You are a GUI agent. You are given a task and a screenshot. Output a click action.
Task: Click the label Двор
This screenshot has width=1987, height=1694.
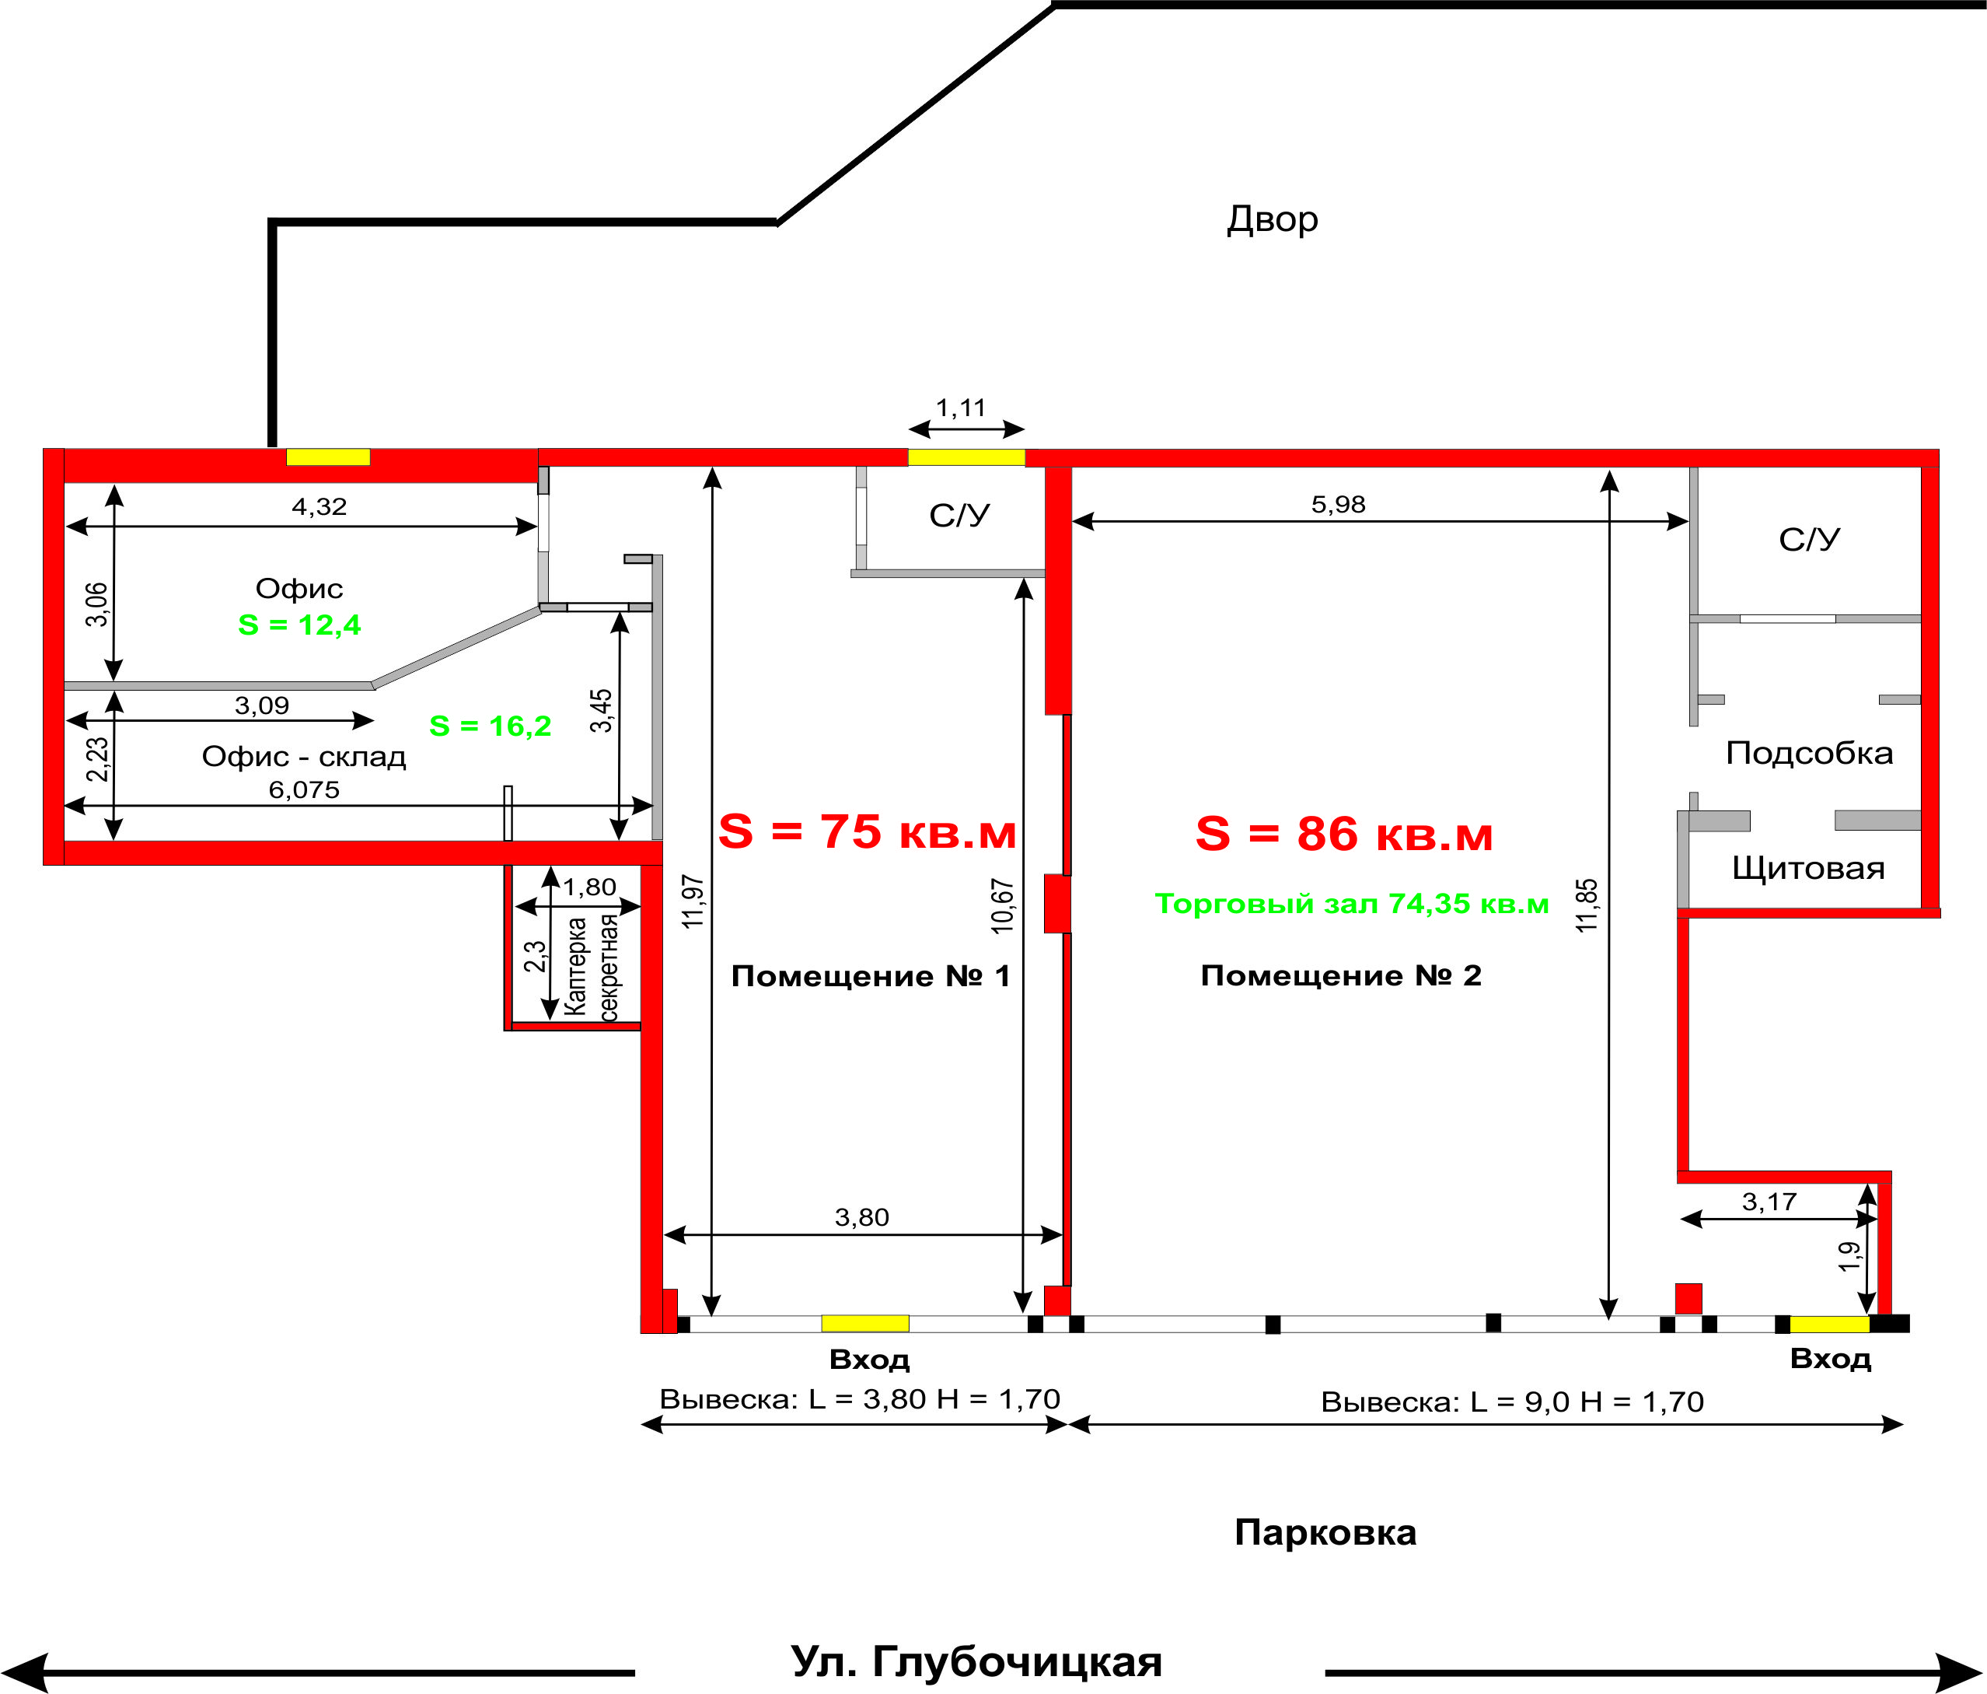[1273, 219]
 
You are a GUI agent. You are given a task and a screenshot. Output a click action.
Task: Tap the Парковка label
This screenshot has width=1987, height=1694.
[1325, 1533]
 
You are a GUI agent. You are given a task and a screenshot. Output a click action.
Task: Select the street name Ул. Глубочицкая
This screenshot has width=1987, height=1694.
[976, 1661]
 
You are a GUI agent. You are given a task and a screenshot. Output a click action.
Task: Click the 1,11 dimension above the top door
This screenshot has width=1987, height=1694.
[961, 408]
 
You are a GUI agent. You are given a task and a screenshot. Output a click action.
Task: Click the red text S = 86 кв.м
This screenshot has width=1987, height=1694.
[1343, 834]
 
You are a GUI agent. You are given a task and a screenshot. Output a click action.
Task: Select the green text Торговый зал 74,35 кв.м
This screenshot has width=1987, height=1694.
[1351, 904]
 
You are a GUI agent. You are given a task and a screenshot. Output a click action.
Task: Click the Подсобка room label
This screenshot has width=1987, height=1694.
[1810, 753]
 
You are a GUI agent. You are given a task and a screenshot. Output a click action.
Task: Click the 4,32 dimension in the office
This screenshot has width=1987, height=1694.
[320, 506]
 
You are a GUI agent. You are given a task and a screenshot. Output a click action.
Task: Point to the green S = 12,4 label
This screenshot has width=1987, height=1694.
[299, 625]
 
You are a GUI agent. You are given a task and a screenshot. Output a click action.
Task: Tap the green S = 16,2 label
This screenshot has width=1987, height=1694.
[490, 726]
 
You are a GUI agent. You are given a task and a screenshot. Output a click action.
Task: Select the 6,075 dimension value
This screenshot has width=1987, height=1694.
[304, 789]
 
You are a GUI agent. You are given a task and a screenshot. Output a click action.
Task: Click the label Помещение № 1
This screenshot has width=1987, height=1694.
[871, 975]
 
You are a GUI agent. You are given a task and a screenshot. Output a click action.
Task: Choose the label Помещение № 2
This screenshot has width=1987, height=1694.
[1342, 975]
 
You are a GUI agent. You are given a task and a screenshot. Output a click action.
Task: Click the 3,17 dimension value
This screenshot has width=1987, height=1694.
[1769, 1202]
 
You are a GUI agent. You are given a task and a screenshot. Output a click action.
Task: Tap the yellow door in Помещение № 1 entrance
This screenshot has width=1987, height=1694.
[865, 1324]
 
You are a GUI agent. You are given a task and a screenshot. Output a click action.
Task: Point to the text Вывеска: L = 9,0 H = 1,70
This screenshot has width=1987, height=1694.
[1512, 1402]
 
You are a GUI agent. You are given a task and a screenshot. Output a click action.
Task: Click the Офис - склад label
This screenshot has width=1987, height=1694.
[304, 757]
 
